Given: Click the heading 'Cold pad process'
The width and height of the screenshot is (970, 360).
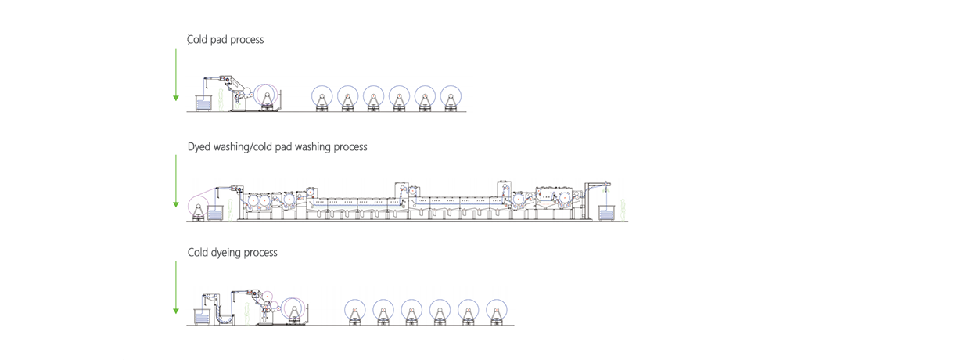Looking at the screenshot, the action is point(225,40).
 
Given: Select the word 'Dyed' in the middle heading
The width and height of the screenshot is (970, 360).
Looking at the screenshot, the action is point(199,147).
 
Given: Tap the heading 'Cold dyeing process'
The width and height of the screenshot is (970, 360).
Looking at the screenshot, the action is point(232,253).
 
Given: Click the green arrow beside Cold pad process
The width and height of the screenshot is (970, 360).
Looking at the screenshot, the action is point(176,74).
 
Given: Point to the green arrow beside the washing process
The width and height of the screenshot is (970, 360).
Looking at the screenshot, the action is point(176,181).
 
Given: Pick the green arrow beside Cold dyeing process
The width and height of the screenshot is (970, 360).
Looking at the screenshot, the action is point(176,287).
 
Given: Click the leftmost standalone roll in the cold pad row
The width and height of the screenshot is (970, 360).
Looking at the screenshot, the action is point(322,99).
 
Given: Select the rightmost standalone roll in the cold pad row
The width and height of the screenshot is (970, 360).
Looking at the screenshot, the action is point(451,99).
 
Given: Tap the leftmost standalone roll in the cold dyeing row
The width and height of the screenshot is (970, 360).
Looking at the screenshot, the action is point(354,312).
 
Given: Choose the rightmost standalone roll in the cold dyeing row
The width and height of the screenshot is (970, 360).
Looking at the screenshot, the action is point(497,312).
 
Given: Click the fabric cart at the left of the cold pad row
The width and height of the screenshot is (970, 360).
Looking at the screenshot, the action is point(203,103).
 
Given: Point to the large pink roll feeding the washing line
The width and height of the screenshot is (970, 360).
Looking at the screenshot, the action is point(199,208).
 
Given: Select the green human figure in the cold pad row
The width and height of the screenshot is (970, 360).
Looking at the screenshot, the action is point(221,100).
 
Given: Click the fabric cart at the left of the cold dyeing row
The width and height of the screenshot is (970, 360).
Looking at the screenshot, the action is point(201,317).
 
